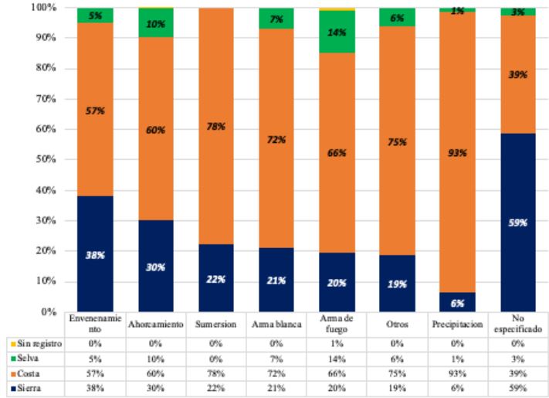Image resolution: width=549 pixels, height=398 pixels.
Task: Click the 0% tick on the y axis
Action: point(46,311)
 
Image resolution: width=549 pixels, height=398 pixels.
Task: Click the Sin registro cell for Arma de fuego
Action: point(337,343)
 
